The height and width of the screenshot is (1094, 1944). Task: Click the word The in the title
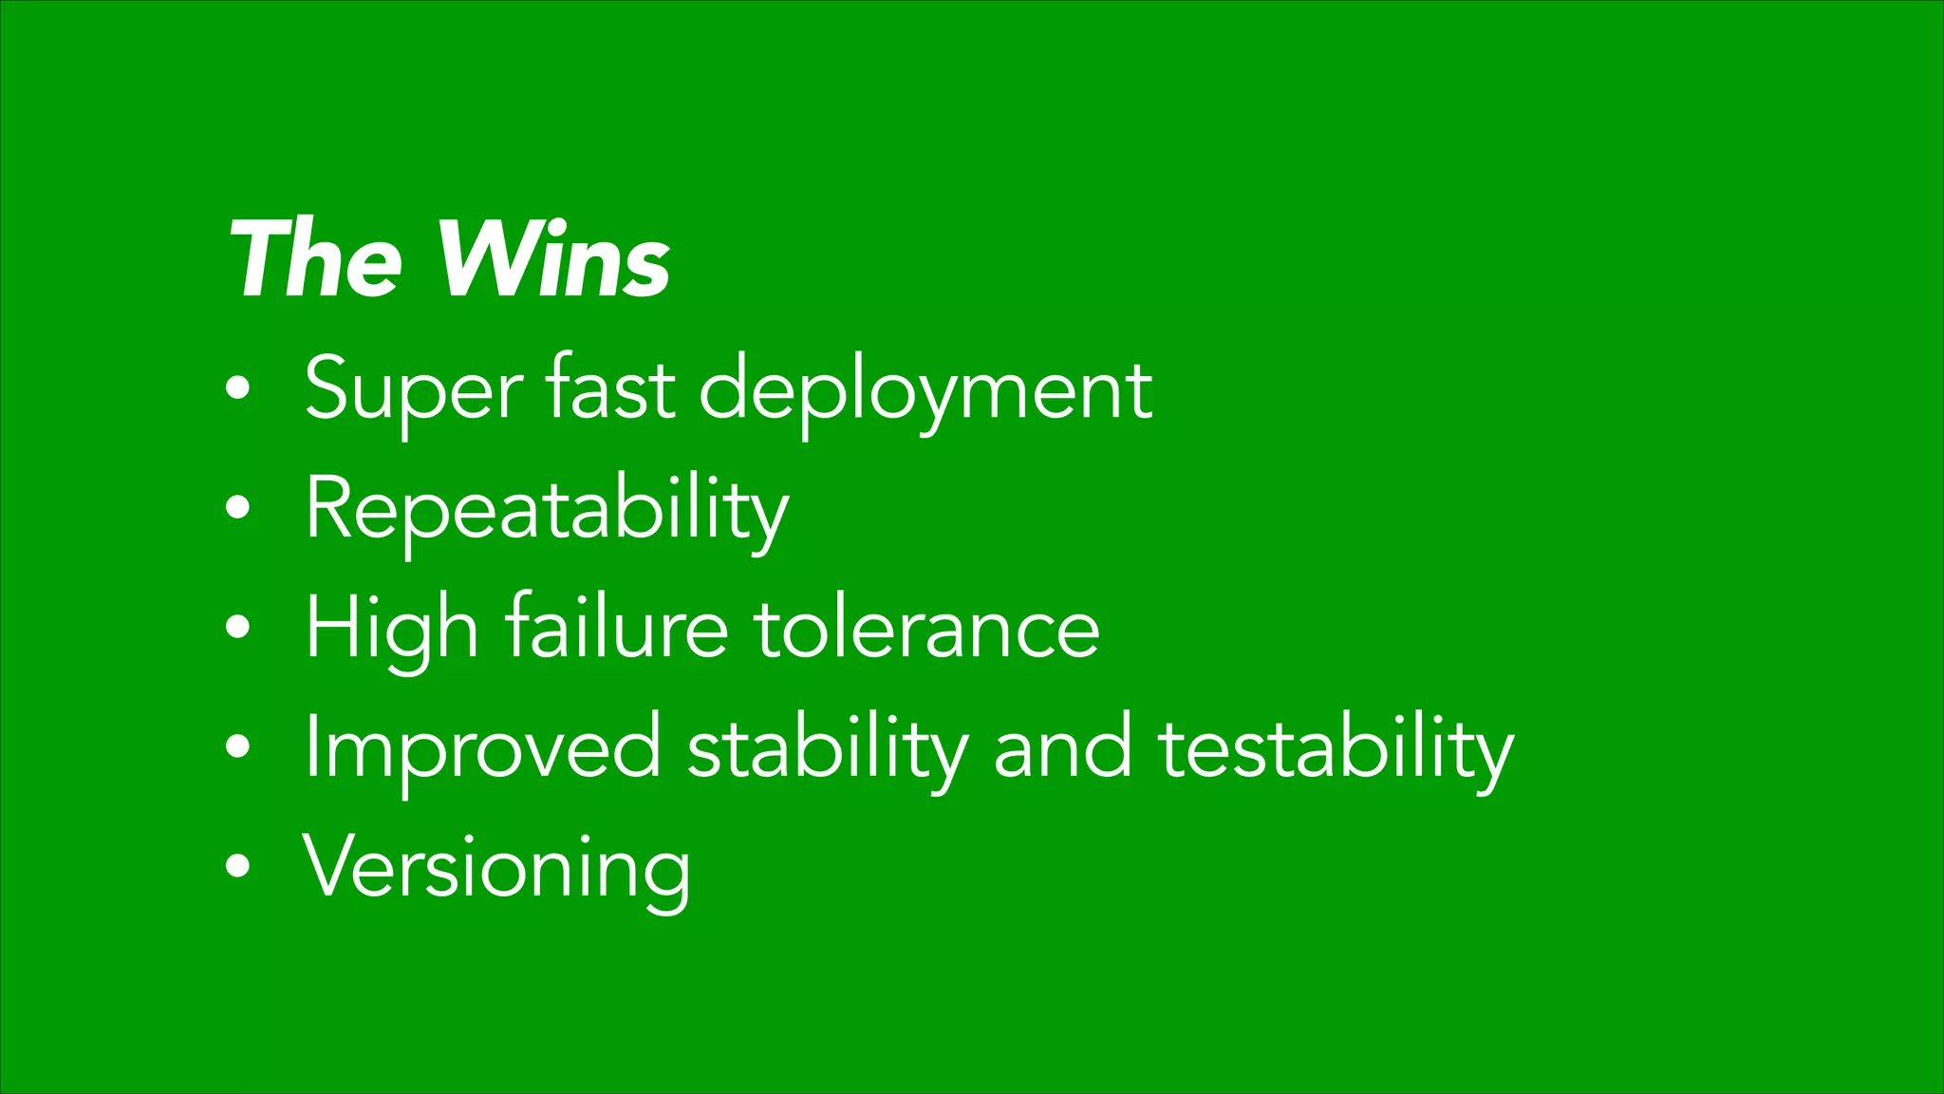315,259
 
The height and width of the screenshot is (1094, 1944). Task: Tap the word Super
412,390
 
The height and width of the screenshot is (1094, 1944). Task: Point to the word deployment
925,390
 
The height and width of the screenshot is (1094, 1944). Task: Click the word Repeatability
546,511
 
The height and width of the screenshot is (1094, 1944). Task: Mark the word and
1062,748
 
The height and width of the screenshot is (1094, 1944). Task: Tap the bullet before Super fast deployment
239,388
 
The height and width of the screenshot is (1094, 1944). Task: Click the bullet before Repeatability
239,508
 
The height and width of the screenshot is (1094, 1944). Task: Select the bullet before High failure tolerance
239,627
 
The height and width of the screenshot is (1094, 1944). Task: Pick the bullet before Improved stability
239,746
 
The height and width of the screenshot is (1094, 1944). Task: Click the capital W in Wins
489,257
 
